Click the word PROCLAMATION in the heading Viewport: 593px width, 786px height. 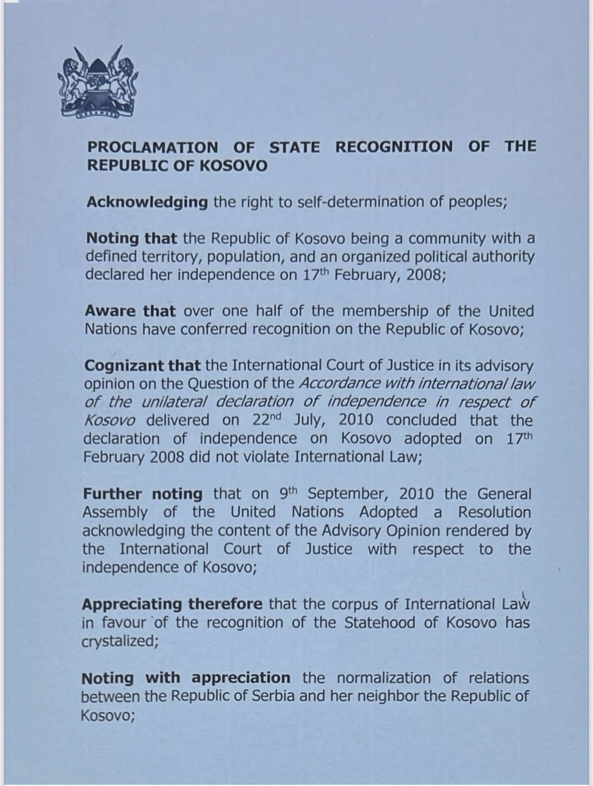pyautogui.click(x=153, y=147)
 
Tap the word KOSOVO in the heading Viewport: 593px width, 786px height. pyautogui.click(x=234, y=166)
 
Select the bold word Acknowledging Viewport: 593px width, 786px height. pyautogui.click(x=147, y=203)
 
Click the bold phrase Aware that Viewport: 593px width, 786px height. pyautogui.click(x=130, y=311)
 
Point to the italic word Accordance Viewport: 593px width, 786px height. pyautogui.click(x=339, y=384)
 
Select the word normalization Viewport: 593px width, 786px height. pyautogui.click(x=384, y=678)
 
